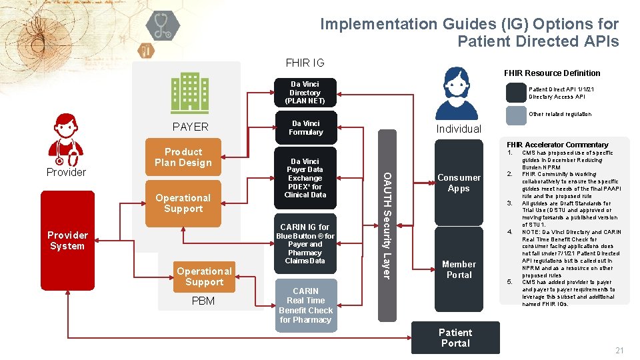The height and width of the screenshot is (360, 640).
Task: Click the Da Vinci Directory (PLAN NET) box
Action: (305, 93)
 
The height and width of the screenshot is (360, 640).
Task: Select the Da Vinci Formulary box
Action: (305, 127)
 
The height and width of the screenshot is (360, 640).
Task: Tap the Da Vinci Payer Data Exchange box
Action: (305, 178)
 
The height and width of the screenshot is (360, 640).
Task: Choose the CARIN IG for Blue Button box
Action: (305, 244)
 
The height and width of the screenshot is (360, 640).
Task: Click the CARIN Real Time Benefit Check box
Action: (305, 305)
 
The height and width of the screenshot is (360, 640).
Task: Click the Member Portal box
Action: (459, 269)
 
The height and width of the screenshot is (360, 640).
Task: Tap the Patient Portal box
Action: (455, 337)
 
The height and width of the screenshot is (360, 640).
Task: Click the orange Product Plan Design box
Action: (183, 157)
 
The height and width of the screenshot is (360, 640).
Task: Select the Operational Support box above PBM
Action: (204, 276)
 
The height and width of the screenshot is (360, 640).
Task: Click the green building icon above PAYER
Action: (189, 93)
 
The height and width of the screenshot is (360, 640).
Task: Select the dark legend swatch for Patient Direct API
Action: (515, 93)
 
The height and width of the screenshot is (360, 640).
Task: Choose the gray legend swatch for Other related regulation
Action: (515, 115)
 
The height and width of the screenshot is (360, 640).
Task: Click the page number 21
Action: (619, 351)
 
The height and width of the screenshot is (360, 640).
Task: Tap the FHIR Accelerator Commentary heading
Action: (557, 145)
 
